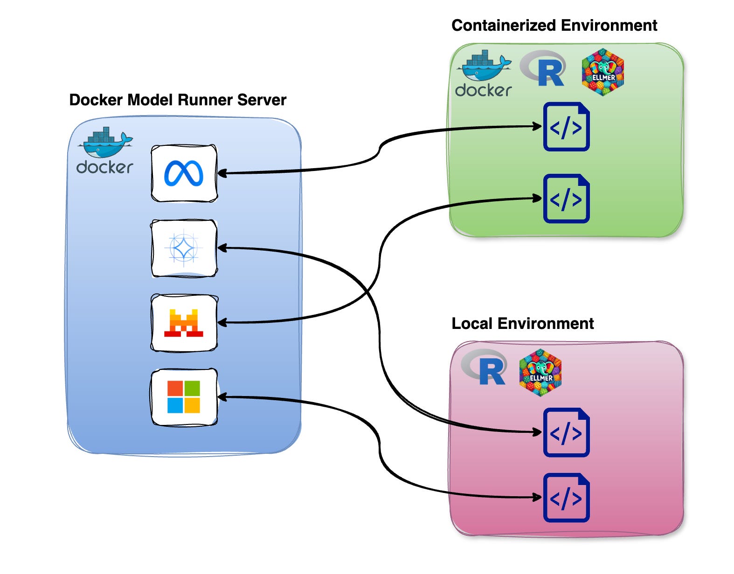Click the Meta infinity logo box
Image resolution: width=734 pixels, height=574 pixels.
pyautogui.click(x=184, y=173)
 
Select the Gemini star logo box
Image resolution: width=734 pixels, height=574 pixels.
pyautogui.click(x=184, y=248)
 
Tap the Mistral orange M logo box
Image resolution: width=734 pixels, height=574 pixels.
pyautogui.click(x=184, y=322)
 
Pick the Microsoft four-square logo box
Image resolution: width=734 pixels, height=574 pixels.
pyautogui.click(x=184, y=397)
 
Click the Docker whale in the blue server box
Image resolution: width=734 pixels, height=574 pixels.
pyautogui.click(x=105, y=143)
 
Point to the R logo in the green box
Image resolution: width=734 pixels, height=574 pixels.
pyautogui.click(x=544, y=69)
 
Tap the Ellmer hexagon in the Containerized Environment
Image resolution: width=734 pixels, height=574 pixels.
pyautogui.click(x=603, y=72)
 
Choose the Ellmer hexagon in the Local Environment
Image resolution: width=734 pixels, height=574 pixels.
pyautogui.click(x=540, y=372)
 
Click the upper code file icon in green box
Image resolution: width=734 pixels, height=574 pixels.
pyautogui.click(x=567, y=127)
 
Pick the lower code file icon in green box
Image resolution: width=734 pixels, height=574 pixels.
pyautogui.click(x=567, y=199)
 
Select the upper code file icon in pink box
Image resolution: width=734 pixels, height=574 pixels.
pyautogui.click(x=567, y=432)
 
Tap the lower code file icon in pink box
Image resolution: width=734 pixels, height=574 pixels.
pyautogui.click(x=567, y=498)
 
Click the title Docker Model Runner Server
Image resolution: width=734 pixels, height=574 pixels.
pyautogui.click(x=178, y=100)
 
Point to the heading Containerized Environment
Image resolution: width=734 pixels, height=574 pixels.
pyautogui.click(x=554, y=25)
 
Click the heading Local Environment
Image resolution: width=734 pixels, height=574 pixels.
pyautogui.click(x=522, y=323)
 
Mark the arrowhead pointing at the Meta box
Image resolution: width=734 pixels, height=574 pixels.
pyautogui.click(x=222, y=173)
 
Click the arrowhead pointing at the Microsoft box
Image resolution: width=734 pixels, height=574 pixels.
pyautogui.click(x=222, y=397)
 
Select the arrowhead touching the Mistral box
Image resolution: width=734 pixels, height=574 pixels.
pyautogui.click(x=222, y=322)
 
